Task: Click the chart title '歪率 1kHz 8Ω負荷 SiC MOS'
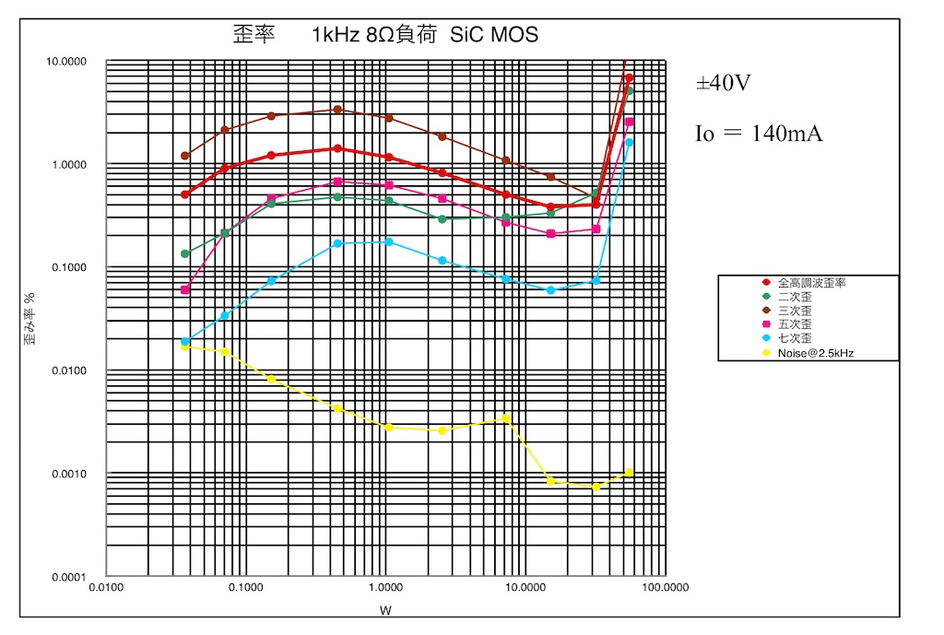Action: [x=385, y=34]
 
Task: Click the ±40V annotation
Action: [x=723, y=82]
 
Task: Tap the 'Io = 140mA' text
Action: [x=759, y=133]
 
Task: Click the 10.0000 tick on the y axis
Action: [x=66, y=62]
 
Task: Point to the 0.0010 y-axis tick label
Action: [x=69, y=474]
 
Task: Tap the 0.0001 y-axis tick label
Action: [x=69, y=577]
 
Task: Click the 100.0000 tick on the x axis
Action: [x=666, y=587]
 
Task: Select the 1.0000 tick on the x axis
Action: [x=386, y=587]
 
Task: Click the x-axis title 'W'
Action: [x=386, y=610]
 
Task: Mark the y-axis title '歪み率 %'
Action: [x=29, y=318]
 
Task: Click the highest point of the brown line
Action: [x=626, y=60]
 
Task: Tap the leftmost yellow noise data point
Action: [x=184, y=347]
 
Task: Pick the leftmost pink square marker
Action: [x=184, y=290]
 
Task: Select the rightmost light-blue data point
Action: [x=629, y=143]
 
